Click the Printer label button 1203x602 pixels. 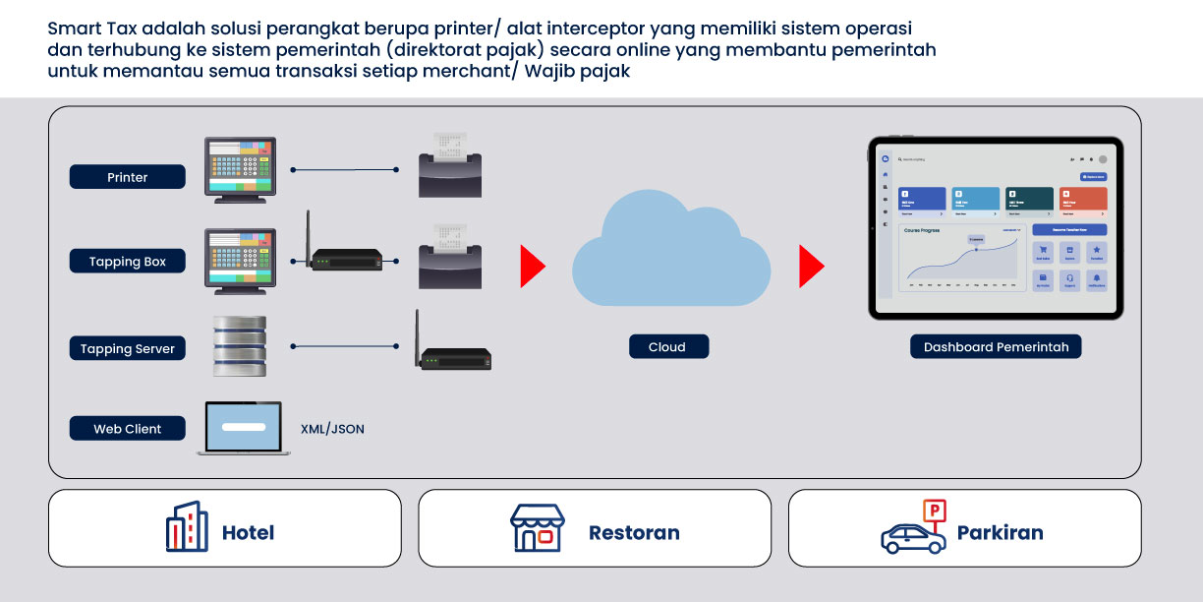click(x=128, y=177)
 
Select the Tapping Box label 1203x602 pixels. click(x=128, y=262)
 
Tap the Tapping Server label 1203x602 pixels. click(x=128, y=348)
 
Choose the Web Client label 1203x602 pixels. click(x=128, y=429)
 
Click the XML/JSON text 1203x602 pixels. click(x=332, y=429)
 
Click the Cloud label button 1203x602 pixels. click(x=667, y=346)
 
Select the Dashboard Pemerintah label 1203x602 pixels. click(x=996, y=346)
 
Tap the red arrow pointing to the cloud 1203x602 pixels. click(x=532, y=267)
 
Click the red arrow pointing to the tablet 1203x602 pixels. click(x=811, y=267)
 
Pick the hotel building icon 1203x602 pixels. click(x=187, y=527)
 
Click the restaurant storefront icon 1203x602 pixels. click(x=538, y=528)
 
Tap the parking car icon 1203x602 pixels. click(x=913, y=531)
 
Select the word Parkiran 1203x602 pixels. click(x=1000, y=532)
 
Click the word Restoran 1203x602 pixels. click(x=634, y=532)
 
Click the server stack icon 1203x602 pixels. click(x=240, y=346)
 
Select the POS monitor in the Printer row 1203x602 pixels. click(x=240, y=169)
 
